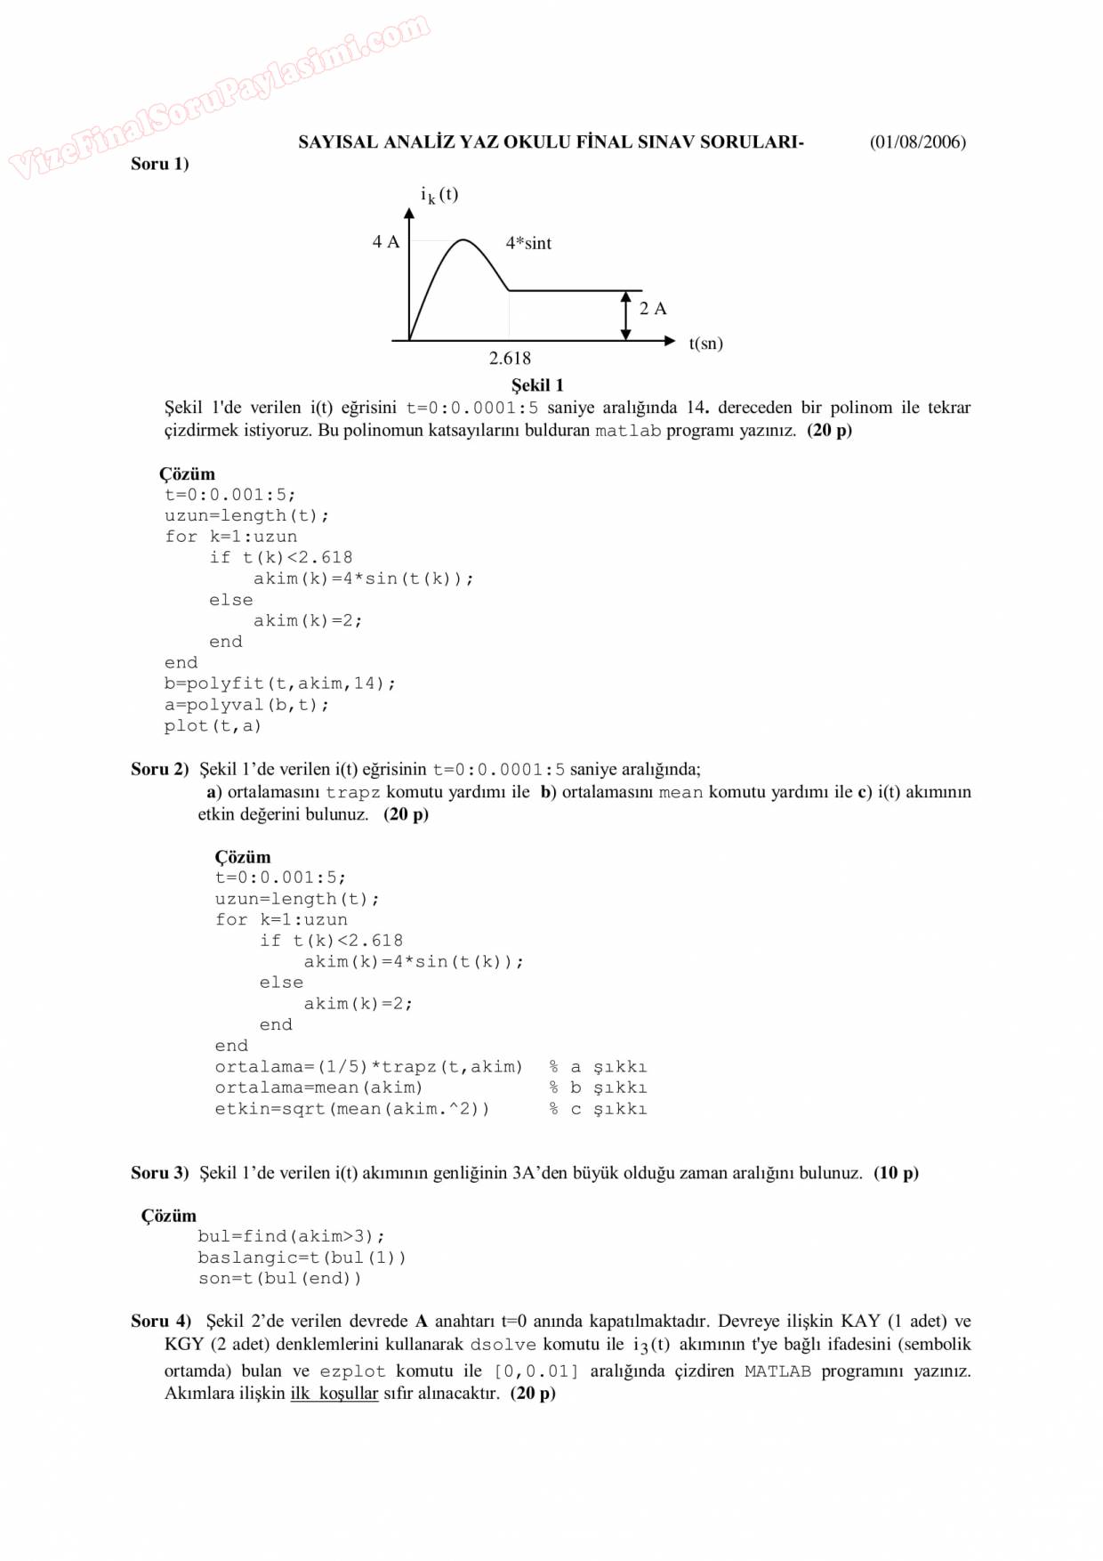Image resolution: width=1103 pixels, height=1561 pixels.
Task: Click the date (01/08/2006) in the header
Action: pyautogui.click(x=917, y=142)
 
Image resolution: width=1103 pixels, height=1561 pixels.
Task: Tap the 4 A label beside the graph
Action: pyautogui.click(x=386, y=242)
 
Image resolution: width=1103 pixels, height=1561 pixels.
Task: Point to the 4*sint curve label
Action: pyautogui.click(x=528, y=243)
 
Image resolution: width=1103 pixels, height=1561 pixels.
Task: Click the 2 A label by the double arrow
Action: pyautogui.click(x=653, y=309)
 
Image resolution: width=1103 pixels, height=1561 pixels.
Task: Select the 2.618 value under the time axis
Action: pyautogui.click(x=510, y=359)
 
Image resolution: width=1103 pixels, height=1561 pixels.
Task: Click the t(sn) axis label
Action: pyautogui.click(x=705, y=344)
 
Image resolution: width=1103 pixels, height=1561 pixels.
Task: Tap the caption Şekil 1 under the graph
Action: pyautogui.click(x=537, y=385)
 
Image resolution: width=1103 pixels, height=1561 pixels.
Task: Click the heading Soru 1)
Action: pyautogui.click(x=160, y=164)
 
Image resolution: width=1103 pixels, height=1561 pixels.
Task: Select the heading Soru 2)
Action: pyautogui.click(x=160, y=770)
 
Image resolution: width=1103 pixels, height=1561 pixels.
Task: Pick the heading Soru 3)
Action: pyautogui.click(x=160, y=1173)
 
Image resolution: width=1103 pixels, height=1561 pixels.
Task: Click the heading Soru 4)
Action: pyautogui.click(x=161, y=1322)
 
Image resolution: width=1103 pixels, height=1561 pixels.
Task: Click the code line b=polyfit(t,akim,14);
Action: pyautogui.click(x=280, y=683)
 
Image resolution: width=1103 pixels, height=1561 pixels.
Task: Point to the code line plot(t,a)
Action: pyautogui.click(x=213, y=726)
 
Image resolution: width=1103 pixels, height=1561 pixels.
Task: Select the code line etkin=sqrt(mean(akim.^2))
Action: pyautogui.click(x=352, y=1109)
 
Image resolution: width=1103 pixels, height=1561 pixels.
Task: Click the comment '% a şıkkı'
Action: pyautogui.click(x=598, y=1067)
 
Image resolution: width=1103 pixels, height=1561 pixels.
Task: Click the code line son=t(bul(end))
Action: pyautogui.click(x=280, y=1279)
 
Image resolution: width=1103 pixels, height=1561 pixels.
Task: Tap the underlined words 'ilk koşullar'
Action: pyautogui.click(x=334, y=1394)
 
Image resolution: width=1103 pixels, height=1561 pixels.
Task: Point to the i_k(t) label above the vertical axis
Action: pyautogui.click(x=439, y=195)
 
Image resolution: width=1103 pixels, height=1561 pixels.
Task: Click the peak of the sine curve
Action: pyautogui.click(x=463, y=240)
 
